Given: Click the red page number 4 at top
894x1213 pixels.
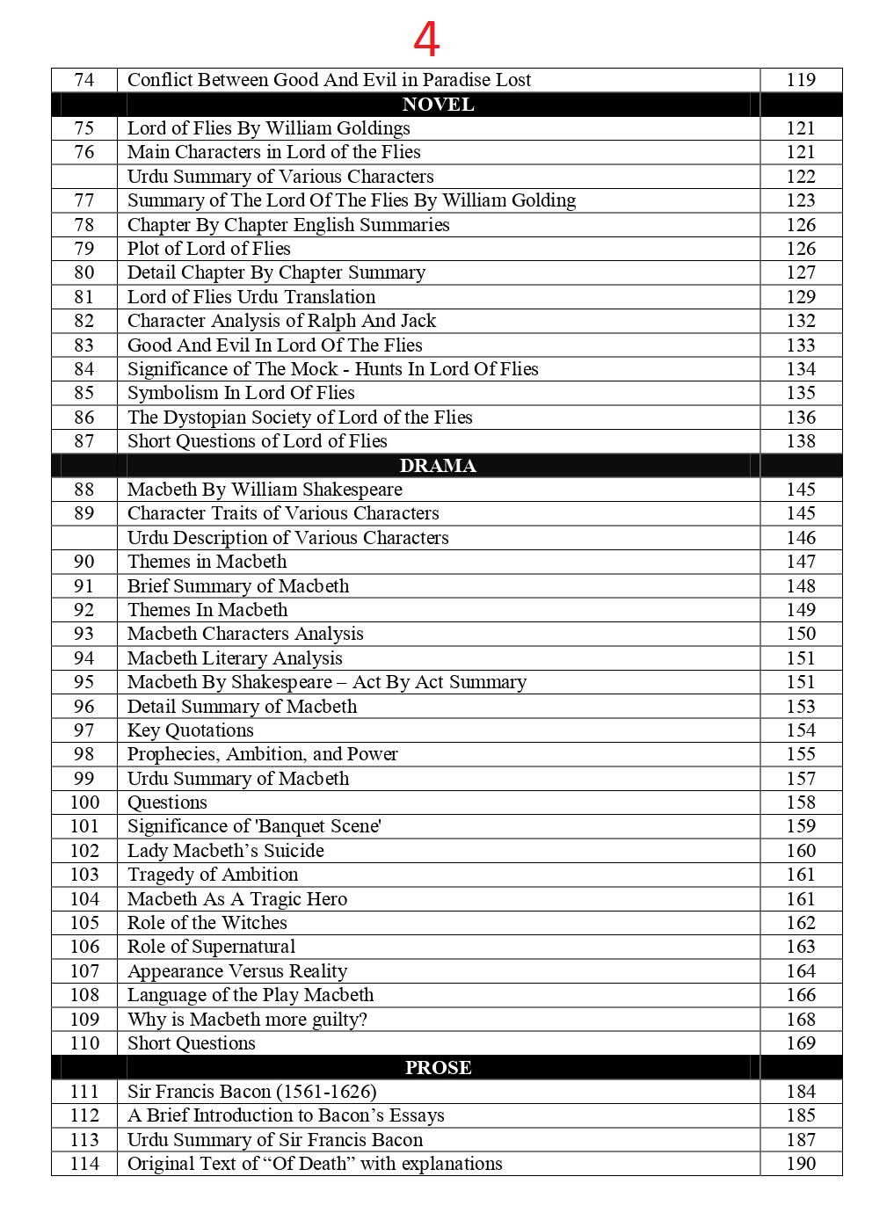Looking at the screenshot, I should point(426,40).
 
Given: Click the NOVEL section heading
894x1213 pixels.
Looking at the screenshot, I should point(438,105).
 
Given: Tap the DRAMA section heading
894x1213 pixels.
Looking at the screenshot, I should point(438,466).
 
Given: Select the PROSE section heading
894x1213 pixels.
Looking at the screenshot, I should point(438,1067).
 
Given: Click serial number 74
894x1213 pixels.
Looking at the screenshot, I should point(84,80).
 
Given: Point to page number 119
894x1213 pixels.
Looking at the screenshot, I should point(801,80).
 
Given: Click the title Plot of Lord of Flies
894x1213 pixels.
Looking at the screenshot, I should point(208,249).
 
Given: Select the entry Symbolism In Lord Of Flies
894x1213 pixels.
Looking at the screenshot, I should point(241,393).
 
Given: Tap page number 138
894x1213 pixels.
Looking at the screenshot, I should point(801,441).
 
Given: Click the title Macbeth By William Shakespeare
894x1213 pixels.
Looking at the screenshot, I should point(265,490).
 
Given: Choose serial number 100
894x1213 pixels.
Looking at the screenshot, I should point(84,803).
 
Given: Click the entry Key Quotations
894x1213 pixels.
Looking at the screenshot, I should point(190,730).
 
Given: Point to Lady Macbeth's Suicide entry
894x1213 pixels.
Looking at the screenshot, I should point(225,851).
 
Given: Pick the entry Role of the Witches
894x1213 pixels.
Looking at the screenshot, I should point(207,923).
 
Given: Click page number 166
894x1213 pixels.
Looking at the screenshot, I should point(801,995).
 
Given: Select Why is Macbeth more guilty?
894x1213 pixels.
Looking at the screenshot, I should point(247,1020).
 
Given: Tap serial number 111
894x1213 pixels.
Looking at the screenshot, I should point(84,1092).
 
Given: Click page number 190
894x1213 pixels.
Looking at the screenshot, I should point(801,1164).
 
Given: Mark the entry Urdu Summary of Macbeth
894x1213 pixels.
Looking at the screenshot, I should point(237,779).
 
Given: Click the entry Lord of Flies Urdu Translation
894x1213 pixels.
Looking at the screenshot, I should point(251,297).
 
